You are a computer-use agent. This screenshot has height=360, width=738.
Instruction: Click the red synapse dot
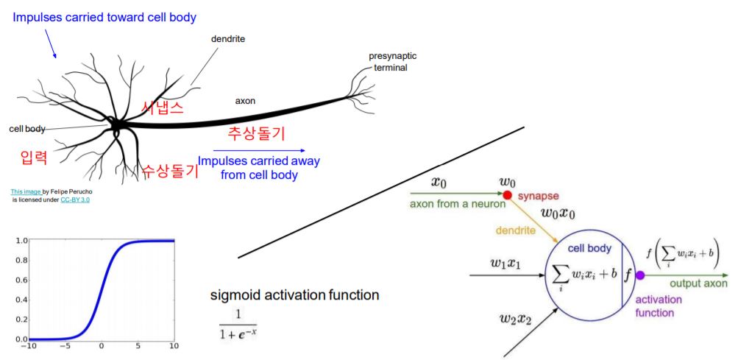(x=507, y=195)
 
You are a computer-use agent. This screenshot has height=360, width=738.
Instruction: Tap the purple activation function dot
(x=639, y=275)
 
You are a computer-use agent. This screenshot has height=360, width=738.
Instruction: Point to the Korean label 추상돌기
(x=256, y=134)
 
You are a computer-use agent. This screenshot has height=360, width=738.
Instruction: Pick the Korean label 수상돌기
(x=170, y=172)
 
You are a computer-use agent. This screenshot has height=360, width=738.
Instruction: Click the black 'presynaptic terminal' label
(x=389, y=63)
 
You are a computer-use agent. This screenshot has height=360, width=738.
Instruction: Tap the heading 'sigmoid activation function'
(x=294, y=295)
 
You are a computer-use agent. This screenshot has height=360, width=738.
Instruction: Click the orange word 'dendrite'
(x=515, y=231)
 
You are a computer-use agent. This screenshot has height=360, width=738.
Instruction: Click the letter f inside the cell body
(x=628, y=276)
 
